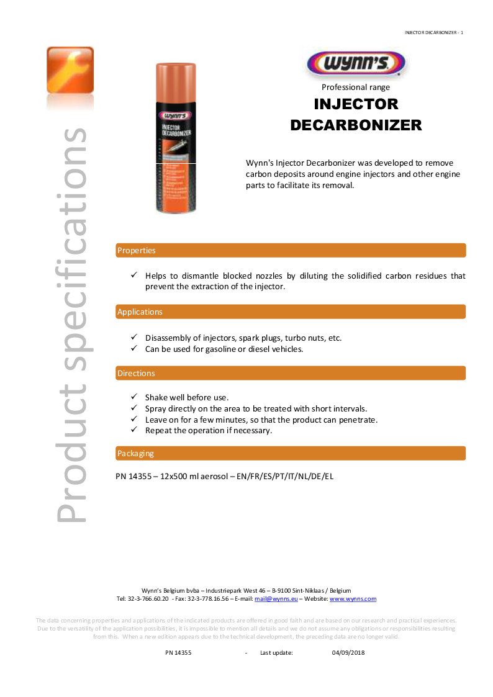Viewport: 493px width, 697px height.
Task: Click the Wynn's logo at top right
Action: point(356,65)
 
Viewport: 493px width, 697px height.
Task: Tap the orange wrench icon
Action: point(70,70)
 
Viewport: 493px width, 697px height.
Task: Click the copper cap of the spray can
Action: point(175,84)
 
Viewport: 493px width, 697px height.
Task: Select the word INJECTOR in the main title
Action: point(356,104)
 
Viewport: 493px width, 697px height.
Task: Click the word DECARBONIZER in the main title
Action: point(356,125)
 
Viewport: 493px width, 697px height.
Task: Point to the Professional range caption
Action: point(356,88)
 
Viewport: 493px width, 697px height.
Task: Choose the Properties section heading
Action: point(137,251)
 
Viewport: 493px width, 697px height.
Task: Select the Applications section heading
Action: point(140,312)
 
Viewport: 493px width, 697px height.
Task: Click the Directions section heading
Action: point(136,374)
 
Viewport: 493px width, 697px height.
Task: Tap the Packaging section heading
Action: point(135,454)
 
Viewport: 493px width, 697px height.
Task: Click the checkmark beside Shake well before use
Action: point(133,397)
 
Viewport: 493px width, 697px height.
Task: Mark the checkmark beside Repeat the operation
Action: point(133,430)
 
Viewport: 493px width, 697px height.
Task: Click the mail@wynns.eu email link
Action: point(276,599)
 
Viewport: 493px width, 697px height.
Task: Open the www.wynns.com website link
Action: point(353,599)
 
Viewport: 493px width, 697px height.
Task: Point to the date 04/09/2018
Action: point(348,653)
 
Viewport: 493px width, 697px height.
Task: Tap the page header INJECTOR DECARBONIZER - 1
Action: point(433,32)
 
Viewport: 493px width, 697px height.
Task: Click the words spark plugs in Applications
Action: point(260,338)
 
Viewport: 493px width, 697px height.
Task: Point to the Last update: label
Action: point(276,653)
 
